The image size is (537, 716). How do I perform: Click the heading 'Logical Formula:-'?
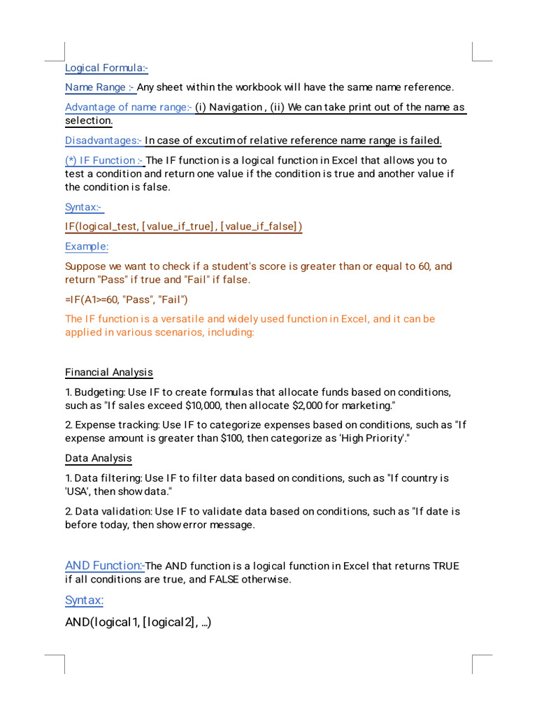(x=106, y=68)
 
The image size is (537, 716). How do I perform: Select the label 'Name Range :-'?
(x=100, y=87)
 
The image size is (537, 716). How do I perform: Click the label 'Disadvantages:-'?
(x=103, y=141)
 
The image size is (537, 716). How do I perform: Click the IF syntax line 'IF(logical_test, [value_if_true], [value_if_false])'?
(x=183, y=227)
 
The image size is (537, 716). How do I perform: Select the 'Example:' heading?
(x=87, y=246)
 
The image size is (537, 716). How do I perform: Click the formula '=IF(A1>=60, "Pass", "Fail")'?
(x=127, y=300)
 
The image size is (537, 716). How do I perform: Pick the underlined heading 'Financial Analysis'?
(x=109, y=372)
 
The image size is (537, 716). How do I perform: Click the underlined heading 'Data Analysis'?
(x=99, y=458)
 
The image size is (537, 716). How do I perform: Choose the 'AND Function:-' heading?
(x=105, y=566)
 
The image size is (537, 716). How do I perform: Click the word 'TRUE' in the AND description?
(x=446, y=566)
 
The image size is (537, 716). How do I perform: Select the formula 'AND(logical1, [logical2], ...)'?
(x=138, y=622)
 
